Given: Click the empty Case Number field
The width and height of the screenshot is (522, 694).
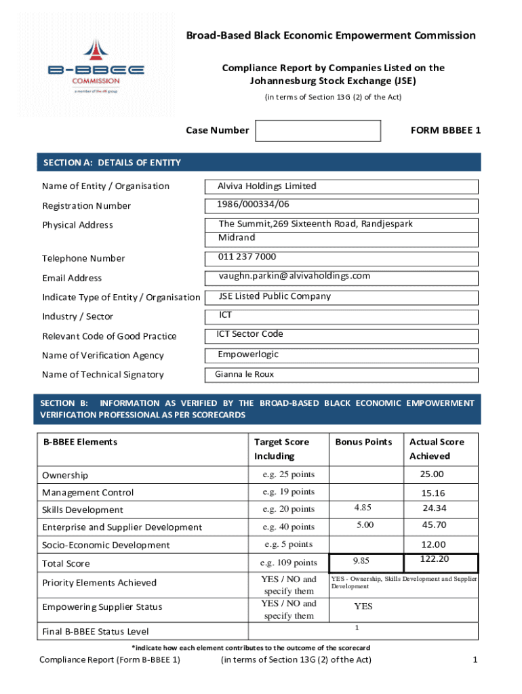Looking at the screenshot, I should pyautogui.click(x=318, y=131).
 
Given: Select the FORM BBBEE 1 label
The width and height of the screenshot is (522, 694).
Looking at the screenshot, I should pyautogui.click(x=445, y=130).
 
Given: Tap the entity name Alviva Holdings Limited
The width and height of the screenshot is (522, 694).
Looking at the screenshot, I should pyautogui.click(x=266, y=186).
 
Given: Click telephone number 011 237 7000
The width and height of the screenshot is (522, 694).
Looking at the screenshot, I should pyautogui.click(x=247, y=257).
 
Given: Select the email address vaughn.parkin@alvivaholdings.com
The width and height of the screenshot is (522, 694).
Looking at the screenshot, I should pyautogui.click(x=294, y=276).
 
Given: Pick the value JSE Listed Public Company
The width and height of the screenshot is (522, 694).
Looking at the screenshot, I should pyautogui.click(x=275, y=296).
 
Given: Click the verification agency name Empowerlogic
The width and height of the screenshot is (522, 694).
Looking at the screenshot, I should pyautogui.click(x=248, y=354).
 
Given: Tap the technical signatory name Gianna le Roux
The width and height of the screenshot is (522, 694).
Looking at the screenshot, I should pyautogui.click(x=245, y=374).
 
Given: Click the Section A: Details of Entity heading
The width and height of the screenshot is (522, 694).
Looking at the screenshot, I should pyautogui.click(x=112, y=163).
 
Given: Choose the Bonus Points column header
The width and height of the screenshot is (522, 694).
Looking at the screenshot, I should pyautogui.click(x=363, y=442).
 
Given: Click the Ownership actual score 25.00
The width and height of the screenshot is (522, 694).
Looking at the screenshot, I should pyautogui.click(x=432, y=474).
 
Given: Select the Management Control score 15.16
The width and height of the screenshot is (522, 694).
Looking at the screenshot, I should pyautogui.click(x=432, y=493).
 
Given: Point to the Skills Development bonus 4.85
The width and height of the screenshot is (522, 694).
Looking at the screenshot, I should pyautogui.click(x=363, y=507).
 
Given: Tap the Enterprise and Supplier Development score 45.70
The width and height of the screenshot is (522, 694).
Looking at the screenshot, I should pyautogui.click(x=434, y=525).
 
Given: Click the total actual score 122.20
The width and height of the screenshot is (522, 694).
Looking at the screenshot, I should pyautogui.click(x=435, y=558).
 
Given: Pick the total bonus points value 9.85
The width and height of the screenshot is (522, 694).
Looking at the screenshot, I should pyautogui.click(x=363, y=560).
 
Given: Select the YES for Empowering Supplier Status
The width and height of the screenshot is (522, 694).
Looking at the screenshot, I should pyautogui.click(x=363, y=607).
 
